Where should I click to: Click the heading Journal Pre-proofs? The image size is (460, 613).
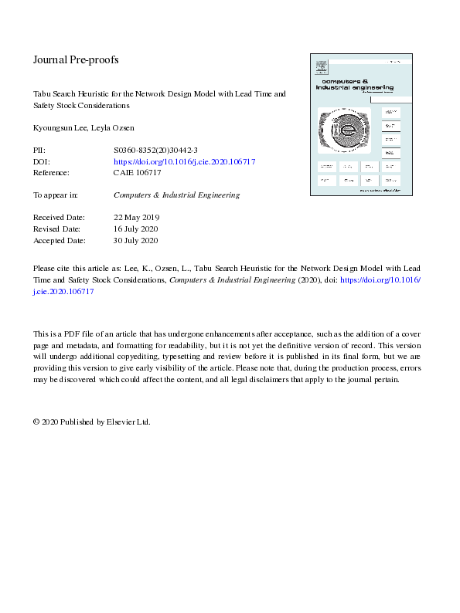76,59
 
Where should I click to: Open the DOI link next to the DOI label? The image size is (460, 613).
184,162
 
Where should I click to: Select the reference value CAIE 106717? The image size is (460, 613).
138,173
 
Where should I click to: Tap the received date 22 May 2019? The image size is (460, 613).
136,218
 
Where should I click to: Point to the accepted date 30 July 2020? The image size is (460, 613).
136,241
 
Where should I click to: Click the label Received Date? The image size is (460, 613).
59,218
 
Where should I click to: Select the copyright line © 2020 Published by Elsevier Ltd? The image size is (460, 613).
91,422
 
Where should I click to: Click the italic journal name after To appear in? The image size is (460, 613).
176,195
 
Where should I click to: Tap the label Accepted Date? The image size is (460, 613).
59,241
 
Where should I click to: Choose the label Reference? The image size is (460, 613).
51,173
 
